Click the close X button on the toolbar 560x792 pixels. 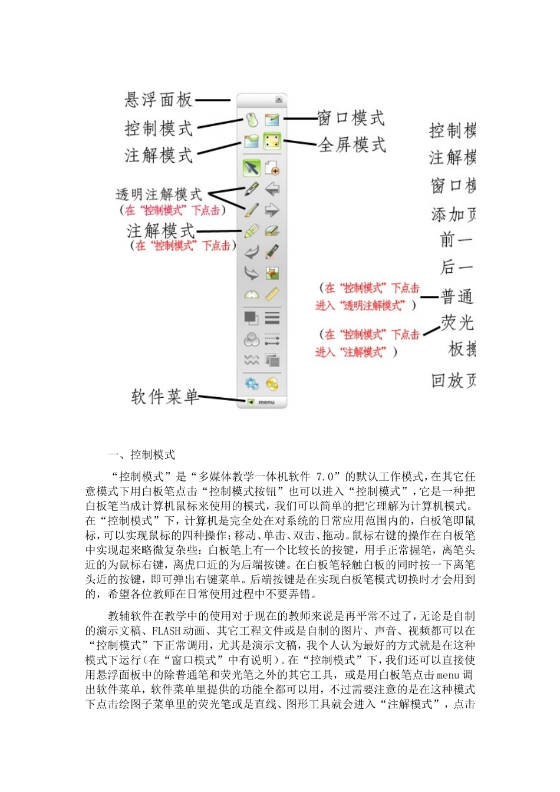tap(279, 100)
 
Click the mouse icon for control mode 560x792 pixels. tap(252, 120)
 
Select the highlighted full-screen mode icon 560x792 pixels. tap(272, 141)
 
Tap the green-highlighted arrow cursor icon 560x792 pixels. tap(252, 168)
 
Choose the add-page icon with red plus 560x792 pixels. tap(272, 168)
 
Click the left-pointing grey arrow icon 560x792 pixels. tap(272, 189)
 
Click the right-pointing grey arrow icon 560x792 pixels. tap(272, 210)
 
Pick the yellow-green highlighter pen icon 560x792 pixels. tap(252, 231)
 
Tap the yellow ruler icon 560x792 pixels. tap(272, 294)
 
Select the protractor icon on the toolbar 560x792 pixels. tap(252, 294)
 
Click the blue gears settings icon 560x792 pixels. tap(252, 384)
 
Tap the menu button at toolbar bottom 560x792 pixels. tap(262, 402)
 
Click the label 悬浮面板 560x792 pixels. tap(158, 100)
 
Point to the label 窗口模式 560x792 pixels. tap(351, 118)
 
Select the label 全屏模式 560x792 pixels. tap(352, 144)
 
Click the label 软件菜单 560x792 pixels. tap(164, 397)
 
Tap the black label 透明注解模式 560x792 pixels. tap(159, 194)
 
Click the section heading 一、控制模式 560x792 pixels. tap(141, 455)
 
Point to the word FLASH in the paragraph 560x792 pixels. tap(166, 631)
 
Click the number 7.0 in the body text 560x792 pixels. tap(325, 477)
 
